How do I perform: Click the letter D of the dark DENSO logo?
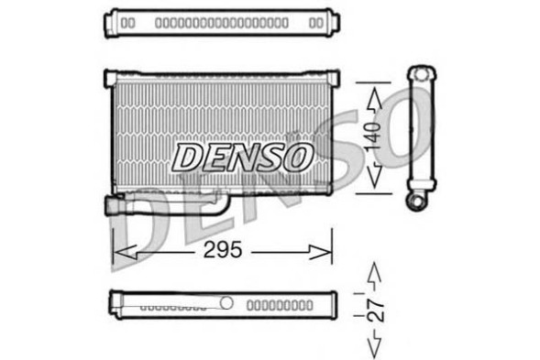[187, 158]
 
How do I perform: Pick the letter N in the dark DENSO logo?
[241, 158]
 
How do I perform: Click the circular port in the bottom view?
[226, 302]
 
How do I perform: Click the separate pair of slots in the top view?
[128, 21]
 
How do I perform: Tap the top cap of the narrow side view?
[422, 72]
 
